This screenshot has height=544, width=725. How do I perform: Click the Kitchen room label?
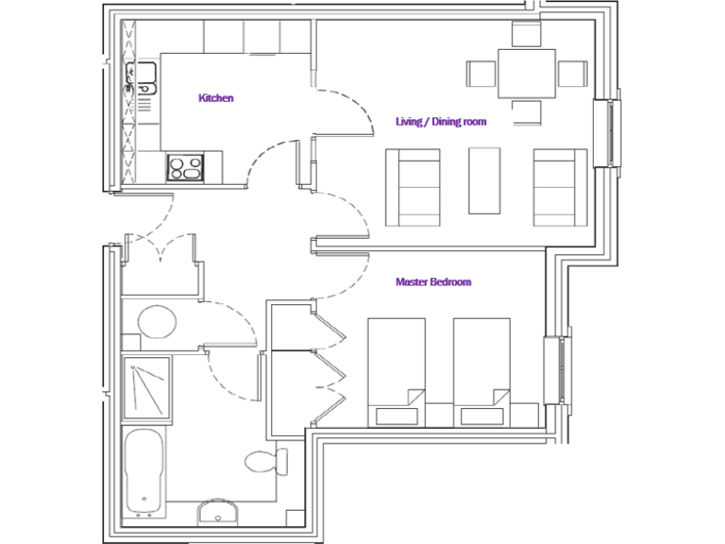[215, 97]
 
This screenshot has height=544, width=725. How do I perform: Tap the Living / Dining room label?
[440, 122]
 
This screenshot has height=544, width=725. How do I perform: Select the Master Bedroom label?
[432, 281]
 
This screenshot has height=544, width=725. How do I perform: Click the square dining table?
[526, 75]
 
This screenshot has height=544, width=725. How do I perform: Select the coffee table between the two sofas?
[485, 180]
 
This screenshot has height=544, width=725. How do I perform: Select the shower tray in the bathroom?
[146, 386]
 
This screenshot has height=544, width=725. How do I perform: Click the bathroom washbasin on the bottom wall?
[219, 511]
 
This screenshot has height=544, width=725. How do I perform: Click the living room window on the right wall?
[608, 131]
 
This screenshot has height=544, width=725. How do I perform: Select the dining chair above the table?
[526, 34]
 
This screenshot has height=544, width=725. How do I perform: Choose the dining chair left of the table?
[481, 74]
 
